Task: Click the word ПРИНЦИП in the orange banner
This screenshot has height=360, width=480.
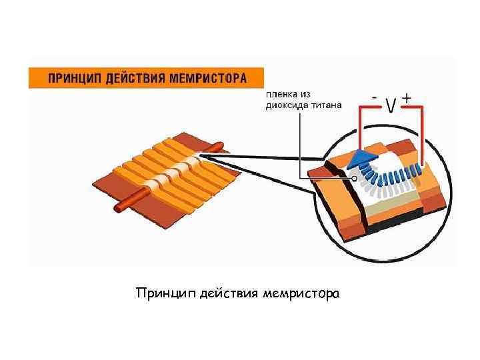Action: (73, 78)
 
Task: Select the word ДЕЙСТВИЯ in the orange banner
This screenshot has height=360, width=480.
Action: (135, 78)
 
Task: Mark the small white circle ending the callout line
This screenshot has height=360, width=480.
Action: (354, 179)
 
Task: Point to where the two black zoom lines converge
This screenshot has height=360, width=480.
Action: (202, 157)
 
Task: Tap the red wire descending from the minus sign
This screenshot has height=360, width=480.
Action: (361, 130)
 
